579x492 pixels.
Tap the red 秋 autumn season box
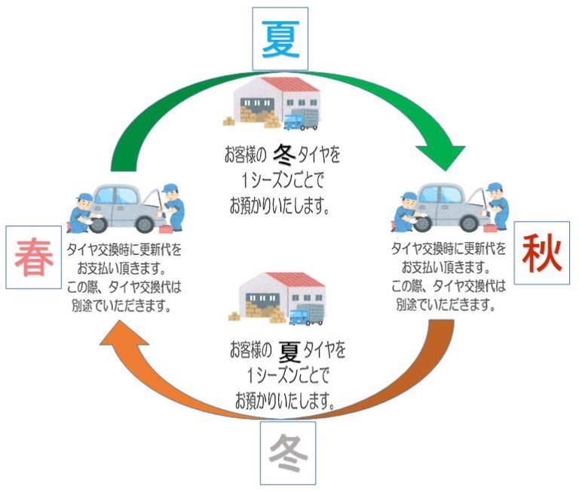coord(541,254)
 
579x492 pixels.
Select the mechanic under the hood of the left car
coord(171,204)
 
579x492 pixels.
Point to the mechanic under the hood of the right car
coord(495,204)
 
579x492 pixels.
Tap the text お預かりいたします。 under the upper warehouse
coord(280,205)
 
